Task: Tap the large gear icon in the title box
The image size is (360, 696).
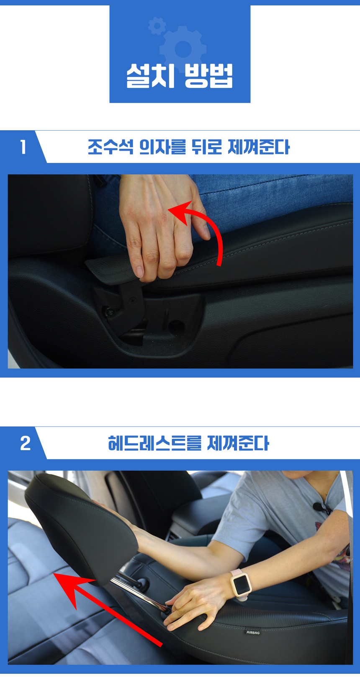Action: [x=183, y=49]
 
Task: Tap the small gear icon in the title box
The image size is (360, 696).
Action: [x=157, y=26]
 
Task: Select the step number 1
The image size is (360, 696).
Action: [x=23, y=147]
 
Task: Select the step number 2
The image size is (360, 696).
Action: [x=25, y=443]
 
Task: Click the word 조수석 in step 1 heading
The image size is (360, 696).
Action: [x=110, y=147]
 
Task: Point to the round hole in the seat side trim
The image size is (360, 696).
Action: [x=177, y=325]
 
